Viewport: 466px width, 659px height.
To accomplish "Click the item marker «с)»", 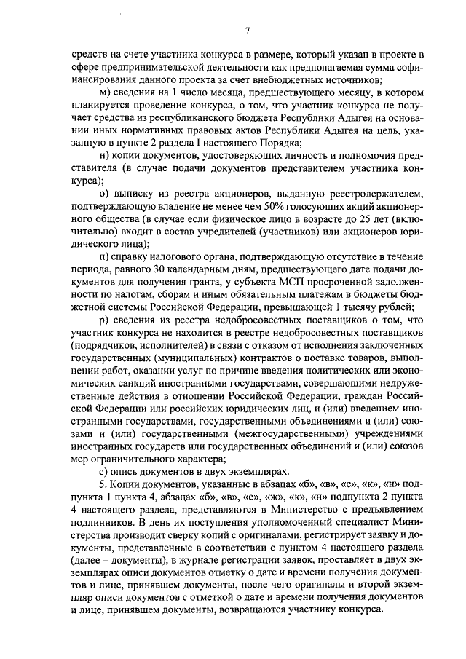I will (x=103, y=470).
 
